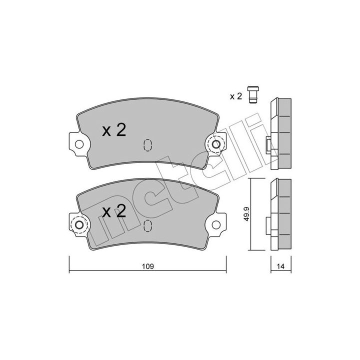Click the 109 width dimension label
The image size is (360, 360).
pyautogui.click(x=147, y=266)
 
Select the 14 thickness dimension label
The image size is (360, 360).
pyautogui.click(x=281, y=266)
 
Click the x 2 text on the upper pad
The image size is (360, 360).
pyautogui.click(x=114, y=130)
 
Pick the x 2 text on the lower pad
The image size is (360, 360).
pyautogui.click(x=114, y=211)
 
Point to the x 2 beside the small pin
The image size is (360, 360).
pyautogui.click(x=236, y=96)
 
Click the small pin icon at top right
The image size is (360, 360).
pyautogui.click(x=253, y=94)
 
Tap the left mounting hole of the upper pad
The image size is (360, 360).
pyautogui.click(x=79, y=144)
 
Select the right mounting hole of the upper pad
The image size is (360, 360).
pyautogui.click(x=216, y=144)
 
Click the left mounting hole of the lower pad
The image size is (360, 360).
pyautogui.click(x=79, y=225)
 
